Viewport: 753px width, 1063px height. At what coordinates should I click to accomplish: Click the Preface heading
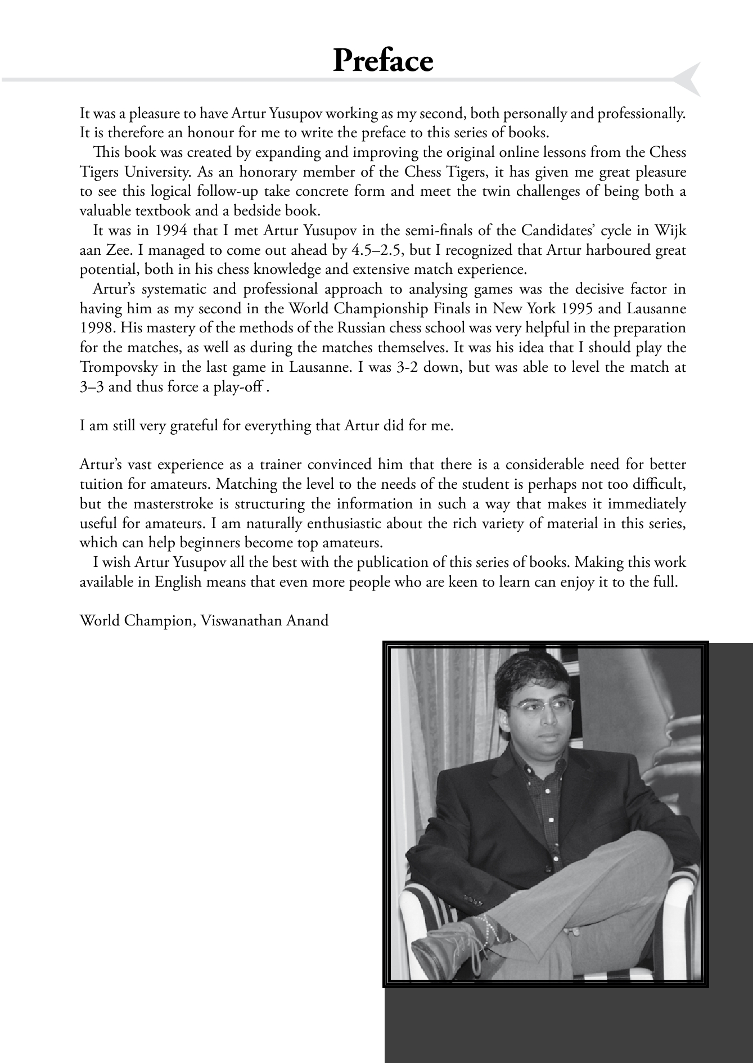[382, 60]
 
